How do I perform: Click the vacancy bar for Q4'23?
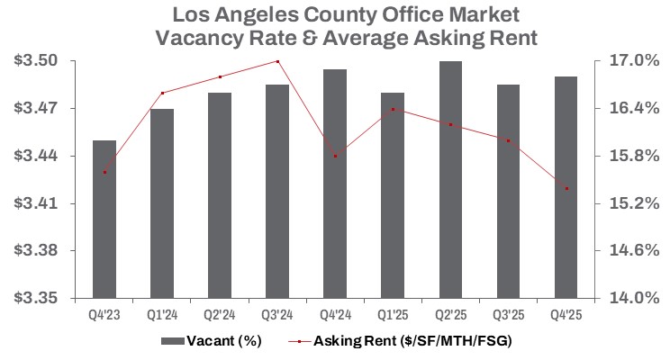point(105,219)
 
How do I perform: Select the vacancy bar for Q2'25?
point(451,179)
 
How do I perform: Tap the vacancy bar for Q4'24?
point(336,184)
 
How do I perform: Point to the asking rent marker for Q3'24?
point(278,61)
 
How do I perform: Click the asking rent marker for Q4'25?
point(566,189)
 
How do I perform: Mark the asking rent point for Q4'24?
point(336,156)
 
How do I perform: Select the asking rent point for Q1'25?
point(394,109)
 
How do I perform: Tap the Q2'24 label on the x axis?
point(221,315)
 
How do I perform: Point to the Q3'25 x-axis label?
point(509,315)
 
